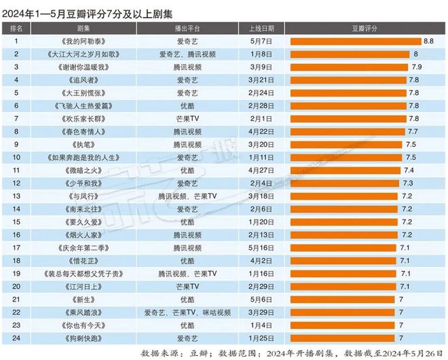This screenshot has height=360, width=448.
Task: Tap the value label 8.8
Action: tap(428, 41)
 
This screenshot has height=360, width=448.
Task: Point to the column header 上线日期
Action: tap(256, 29)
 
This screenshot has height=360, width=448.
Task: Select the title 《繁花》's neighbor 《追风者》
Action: tap(84, 80)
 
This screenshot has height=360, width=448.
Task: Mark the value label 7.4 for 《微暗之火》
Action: tap(409, 170)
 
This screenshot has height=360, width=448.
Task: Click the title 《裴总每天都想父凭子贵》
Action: tap(84, 274)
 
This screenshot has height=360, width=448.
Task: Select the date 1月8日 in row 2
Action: tap(256, 54)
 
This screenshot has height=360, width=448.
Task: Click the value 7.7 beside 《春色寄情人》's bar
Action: tap(413, 132)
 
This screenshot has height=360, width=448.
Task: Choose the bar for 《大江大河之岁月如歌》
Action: tap(350, 54)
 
